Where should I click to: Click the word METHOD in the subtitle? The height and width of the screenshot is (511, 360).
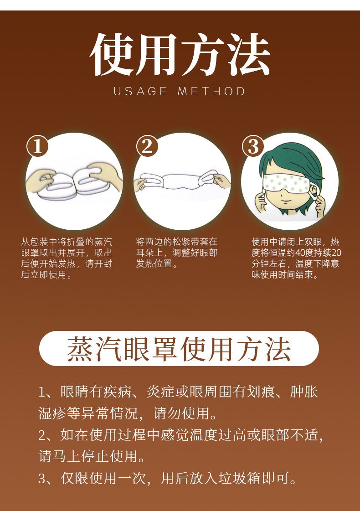point(212,91)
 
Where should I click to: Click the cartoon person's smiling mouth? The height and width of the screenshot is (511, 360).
point(287,202)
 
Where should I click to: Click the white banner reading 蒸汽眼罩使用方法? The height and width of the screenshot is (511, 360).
point(179,349)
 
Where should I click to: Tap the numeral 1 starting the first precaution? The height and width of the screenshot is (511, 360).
point(42,392)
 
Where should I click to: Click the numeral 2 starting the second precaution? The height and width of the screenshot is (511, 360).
point(42,436)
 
